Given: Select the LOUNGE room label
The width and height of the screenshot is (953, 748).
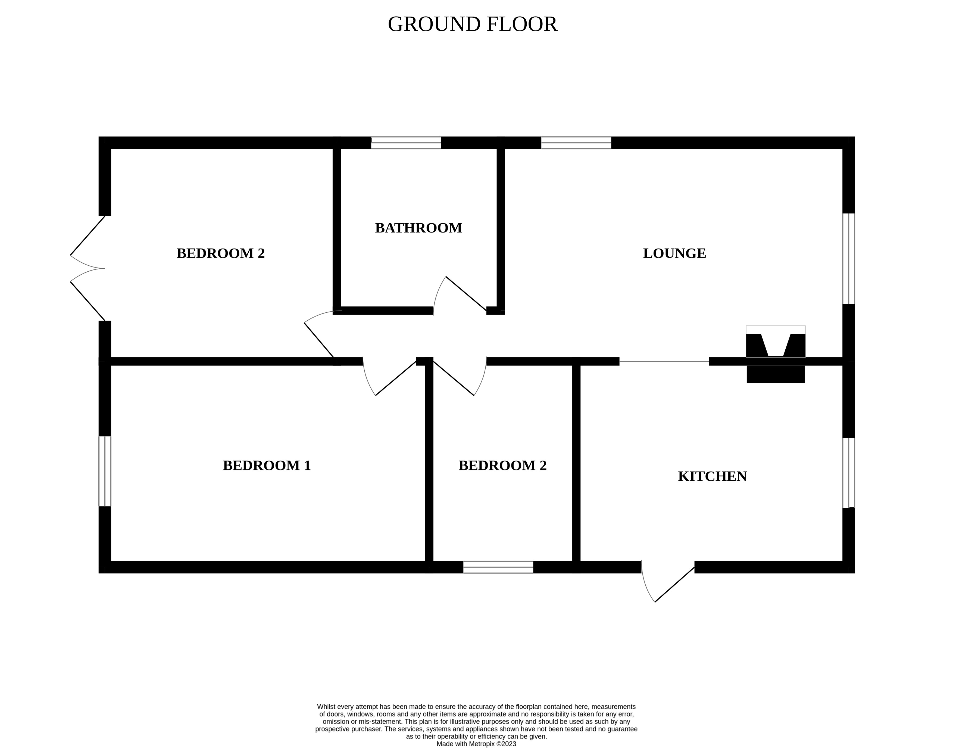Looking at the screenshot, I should (x=674, y=254).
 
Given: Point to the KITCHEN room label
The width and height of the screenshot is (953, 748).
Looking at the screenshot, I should (x=712, y=476).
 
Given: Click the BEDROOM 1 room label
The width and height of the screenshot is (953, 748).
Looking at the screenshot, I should (x=267, y=465).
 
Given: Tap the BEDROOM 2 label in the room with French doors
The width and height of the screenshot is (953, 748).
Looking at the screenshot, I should (x=221, y=254).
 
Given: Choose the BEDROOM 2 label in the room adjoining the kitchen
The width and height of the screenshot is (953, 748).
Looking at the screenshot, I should (x=502, y=465).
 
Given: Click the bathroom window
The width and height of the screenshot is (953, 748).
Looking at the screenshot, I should (x=406, y=143).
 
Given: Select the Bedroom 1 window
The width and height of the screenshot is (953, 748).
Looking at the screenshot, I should (x=105, y=471).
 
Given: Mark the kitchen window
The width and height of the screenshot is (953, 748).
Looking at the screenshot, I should (x=848, y=473).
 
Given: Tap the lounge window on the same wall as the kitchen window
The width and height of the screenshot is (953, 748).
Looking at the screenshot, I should (x=848, y=259).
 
